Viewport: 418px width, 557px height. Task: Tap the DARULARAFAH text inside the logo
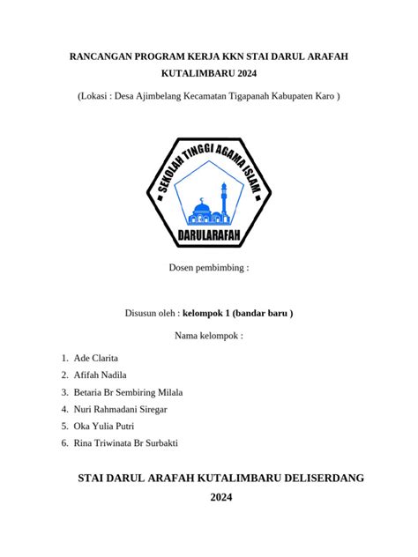[209, 235]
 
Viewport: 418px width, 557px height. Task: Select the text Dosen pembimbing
[209, 266]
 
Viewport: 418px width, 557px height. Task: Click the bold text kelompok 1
[209, 313]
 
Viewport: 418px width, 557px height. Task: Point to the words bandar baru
[265, 313]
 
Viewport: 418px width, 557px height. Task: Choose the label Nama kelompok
[209, 335]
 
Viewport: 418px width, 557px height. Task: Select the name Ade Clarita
[96, 358]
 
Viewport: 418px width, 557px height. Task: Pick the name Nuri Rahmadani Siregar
[121, 409]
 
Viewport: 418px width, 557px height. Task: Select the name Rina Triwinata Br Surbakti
[127, 443]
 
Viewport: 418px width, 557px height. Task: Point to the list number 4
[65, 409]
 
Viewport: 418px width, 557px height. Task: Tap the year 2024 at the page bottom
[220, 498]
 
